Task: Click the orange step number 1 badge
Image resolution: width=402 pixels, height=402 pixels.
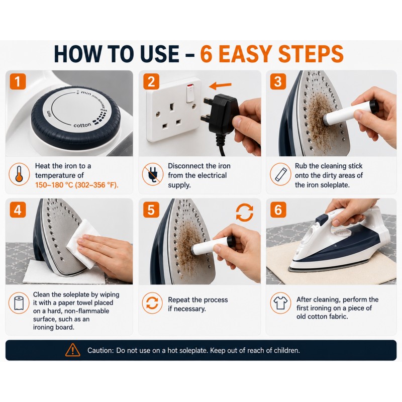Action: pyautogui.click(x=18, y=81)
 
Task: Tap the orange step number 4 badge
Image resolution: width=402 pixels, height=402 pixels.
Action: pyautogui.click(x=18, y=210)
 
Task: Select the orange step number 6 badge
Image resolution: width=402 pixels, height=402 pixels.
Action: pyautogui.click(x=278, y=210)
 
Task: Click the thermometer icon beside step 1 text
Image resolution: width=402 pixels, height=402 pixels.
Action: pyautogui.click(x=19, y=174)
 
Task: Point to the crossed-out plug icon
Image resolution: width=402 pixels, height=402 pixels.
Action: pyautogui.click(x=153, y=174)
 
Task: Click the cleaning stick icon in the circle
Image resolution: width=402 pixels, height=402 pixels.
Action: pyautogui.click(x=280, y=174)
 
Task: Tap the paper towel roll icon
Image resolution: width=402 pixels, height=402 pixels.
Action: pyautogui.click(x=19, y=303)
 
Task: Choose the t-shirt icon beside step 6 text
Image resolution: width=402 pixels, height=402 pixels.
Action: pyautogui.click(x=280, y=303)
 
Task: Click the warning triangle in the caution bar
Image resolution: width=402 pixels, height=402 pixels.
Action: pyautogui.click(x=73, y=350)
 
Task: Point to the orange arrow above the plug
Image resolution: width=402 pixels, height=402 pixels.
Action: pyautogui.click(x=220, y=85)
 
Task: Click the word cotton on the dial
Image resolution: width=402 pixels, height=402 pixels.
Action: pyautogui.click(x=82, y=125)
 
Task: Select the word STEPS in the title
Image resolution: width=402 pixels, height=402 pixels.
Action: pyautogui.click(x=311, y=54)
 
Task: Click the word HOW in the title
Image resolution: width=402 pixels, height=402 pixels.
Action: pyautogui.click(x=78, y=54)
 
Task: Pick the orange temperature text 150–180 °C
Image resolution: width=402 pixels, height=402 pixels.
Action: pyautogui.click(x=54, y=185)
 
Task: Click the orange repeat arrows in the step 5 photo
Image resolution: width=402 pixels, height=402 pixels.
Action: pyautogui.click(x=245, y=213)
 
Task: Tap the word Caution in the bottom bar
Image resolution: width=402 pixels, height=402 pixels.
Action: pyautogui.click(x=100, y=350)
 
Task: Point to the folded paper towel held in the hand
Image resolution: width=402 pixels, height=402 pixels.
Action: pyautogui.click(x=81, y=244)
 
